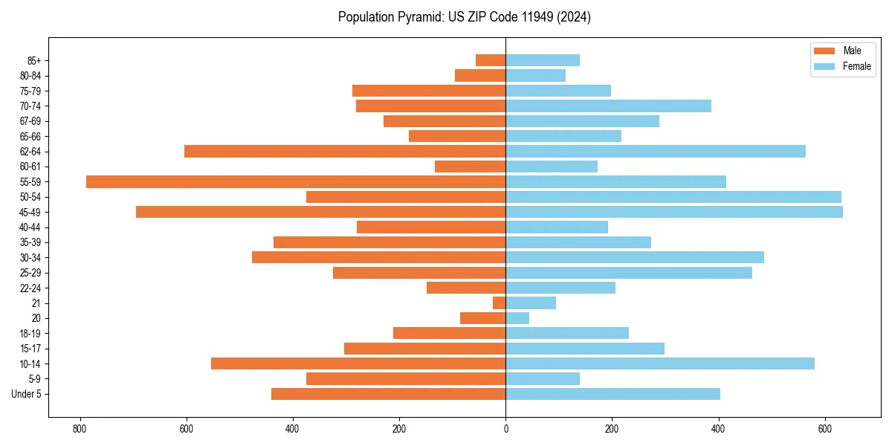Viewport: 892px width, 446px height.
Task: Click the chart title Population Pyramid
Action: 464,17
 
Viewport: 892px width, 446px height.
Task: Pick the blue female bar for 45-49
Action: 674,212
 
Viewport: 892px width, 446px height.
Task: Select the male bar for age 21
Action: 499,303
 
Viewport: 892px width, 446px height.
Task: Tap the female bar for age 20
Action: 517,318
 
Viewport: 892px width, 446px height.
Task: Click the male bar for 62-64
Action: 345,151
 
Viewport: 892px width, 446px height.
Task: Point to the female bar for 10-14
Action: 660,363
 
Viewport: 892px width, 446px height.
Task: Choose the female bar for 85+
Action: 543,60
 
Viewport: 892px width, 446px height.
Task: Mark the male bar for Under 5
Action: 388,394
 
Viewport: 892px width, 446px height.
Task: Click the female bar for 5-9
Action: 543,378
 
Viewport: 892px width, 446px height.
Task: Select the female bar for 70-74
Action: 608,106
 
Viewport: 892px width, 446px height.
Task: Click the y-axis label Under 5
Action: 27,394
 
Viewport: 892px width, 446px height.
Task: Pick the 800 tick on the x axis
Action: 80,429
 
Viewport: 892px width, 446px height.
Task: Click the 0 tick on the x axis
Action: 505,429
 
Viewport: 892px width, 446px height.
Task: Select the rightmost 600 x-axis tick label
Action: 824,429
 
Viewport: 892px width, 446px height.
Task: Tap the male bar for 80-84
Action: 480,75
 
